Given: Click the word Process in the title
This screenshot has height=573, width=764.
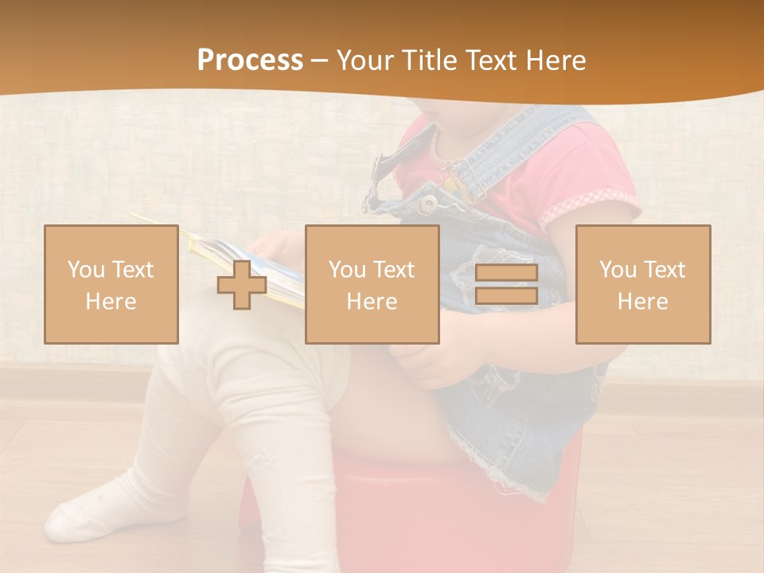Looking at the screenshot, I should coord(250,60).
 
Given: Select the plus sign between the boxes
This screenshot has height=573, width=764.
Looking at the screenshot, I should coord(242,285).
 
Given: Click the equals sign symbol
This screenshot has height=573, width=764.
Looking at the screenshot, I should coord(506,285).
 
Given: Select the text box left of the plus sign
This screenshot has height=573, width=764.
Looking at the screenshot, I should coord(111,285).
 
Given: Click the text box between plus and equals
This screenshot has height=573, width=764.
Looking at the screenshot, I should coord(372,285).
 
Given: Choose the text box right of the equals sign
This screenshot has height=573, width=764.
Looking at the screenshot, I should coord(642,285).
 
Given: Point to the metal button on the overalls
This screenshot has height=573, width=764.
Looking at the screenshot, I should coord(429,201).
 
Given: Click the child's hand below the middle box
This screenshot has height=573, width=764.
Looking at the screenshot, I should coord(430,362).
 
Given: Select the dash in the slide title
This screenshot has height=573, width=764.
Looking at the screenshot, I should coord(319,61).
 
